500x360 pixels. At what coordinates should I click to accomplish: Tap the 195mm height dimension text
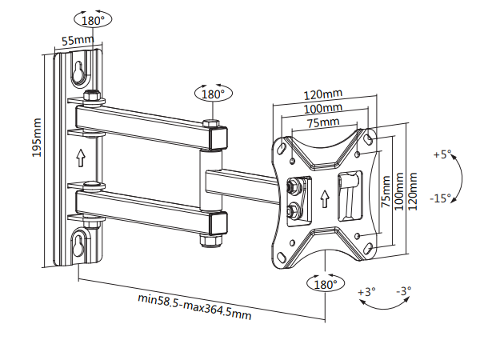(x=37, y=138)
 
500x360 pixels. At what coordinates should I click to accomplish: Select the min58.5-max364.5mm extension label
(x=194, y=306)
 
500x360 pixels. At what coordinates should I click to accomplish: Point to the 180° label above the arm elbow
(x=212, y=94)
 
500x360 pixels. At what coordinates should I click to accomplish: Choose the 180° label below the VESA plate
(x=324, y=284)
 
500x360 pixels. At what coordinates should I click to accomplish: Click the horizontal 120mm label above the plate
(x=323, y=95)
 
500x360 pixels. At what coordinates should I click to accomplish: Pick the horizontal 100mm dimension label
(x=323, y=109)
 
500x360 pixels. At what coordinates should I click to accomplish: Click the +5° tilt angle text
(x=442, y=154)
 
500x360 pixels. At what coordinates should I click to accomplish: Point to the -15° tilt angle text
(x=440, y=198)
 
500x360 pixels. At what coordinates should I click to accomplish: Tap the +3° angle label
(x=366, y=292)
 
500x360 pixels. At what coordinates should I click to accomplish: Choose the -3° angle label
(x=403, y=292)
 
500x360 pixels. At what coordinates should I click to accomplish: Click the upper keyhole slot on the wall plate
(x=79, y=72)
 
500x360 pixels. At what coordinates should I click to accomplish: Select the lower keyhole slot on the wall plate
(x=79, y=246)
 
